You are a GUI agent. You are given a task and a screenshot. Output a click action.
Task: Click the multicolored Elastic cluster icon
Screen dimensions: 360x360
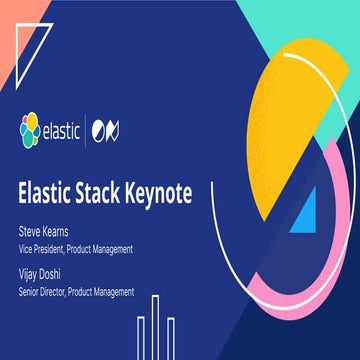(x=29, y=128)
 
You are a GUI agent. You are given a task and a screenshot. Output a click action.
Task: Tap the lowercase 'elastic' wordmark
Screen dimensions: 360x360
(x=65, y=129)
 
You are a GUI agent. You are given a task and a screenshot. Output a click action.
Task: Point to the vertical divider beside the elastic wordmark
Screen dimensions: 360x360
(x=98, y=129)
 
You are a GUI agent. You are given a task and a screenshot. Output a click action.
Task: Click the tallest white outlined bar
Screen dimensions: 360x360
(x=156, y=325)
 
